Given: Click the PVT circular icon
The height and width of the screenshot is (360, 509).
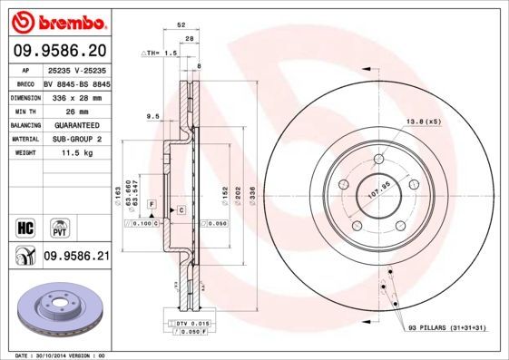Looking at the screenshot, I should [x=57, y=225].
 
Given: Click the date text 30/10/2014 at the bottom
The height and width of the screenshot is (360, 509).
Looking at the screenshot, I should [x=59, y=355].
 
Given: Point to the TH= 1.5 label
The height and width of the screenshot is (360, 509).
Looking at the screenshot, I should [x=161, y=54].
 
